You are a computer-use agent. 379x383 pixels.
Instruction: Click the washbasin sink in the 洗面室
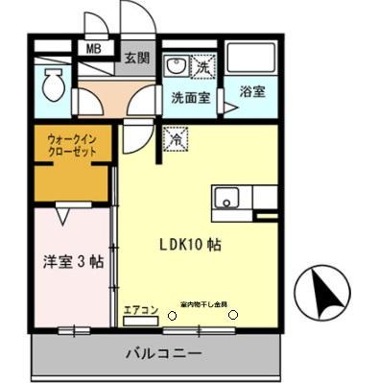pyautogui.click(x=176, y=67)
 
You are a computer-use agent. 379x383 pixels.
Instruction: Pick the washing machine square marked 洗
pyautogui.click(x=203, y=67)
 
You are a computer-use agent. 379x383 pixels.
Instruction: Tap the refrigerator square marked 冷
pyautogui.click(x=177, y=139)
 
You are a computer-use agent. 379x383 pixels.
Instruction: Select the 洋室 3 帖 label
pyautogui.click(x=73, y=259)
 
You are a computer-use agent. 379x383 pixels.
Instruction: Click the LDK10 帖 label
pyautogui.click(x=190, y=244)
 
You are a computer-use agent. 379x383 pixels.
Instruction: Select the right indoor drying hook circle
pyautogui.click(x=233, y=316)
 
